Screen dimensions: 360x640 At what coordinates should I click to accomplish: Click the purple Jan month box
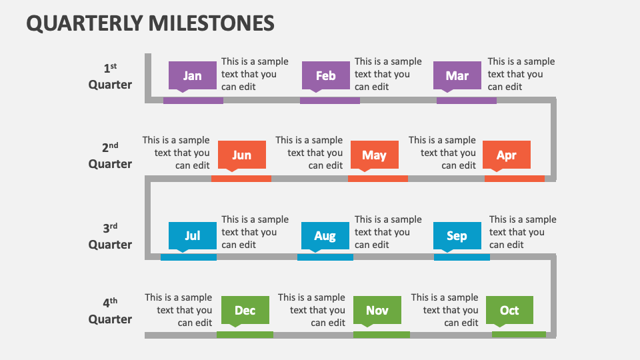pos(193,75)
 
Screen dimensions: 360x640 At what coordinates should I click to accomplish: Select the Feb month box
pos(325,75)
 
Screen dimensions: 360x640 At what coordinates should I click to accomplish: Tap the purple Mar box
pos(457,75)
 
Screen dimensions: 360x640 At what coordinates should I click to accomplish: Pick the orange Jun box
pos(241,155)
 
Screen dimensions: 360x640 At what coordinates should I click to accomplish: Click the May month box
pos(374,155)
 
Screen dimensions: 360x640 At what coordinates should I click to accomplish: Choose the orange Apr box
pos(507,155)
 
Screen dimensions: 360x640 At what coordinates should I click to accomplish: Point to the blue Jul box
pos(193,235)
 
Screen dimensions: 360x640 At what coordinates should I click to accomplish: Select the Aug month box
pos(325,235)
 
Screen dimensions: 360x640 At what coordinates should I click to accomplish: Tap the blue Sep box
pos(457,235)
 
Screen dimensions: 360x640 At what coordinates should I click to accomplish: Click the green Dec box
pos(245,310)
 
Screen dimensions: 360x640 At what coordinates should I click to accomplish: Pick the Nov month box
pos(377,310)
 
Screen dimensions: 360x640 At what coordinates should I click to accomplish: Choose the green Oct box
pos(509,310)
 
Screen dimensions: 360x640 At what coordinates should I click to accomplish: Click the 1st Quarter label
pos(110,76)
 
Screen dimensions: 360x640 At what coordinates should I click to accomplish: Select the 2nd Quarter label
pos(110,155)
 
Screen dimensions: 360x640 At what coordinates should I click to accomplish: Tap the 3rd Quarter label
pos(110,236)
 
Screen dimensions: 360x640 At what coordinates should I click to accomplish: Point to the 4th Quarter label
pos(110,311)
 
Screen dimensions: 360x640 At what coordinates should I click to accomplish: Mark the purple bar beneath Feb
pos(329,101)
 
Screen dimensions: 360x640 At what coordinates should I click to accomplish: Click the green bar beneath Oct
pos(519,334)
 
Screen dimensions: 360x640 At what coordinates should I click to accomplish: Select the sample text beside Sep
pos(522,232)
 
